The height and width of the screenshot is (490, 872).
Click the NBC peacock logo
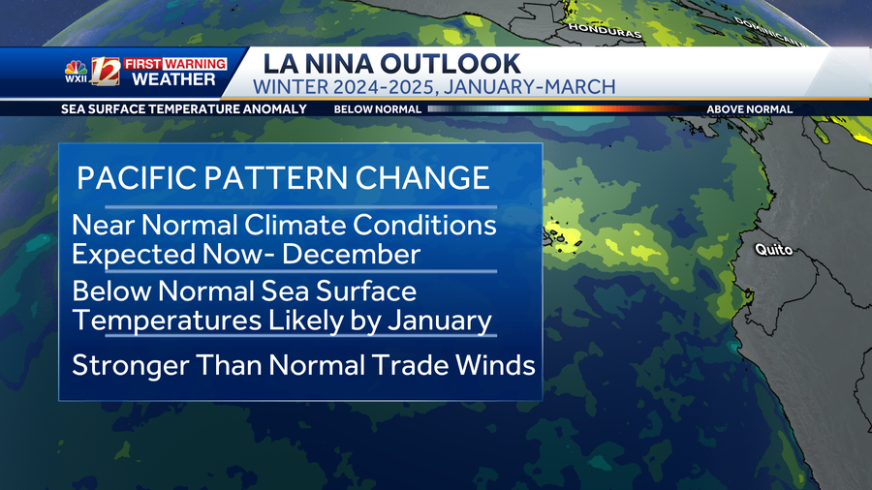[x=76, y=67]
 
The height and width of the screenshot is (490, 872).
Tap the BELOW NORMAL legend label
[x=377, y=109]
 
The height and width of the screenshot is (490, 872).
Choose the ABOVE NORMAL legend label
[x=749, y=109]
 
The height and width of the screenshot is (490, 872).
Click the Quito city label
[x=773, y=251]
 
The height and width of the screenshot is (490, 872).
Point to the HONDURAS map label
[x=606, y=31]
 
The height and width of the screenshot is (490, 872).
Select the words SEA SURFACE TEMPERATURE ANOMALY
[x=183, y=109]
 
